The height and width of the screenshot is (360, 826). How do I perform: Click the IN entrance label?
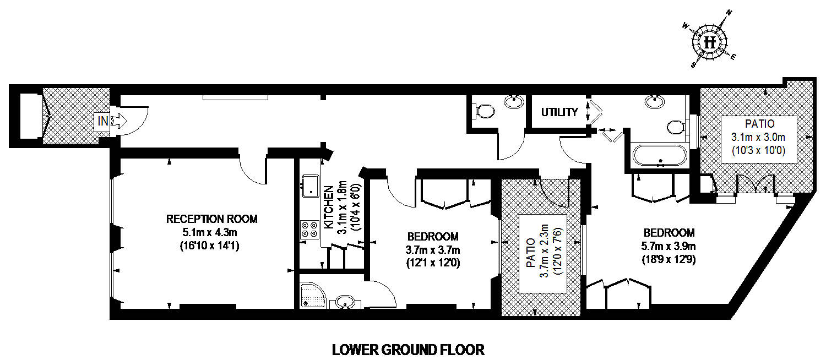tap(103, 121)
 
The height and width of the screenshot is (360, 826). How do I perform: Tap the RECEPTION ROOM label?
tap(211, 219)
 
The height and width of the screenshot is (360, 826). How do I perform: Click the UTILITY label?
tap(559, 112)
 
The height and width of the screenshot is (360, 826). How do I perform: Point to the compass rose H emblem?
tap(709, 42)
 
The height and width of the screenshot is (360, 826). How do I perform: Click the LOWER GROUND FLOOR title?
tap(408, 350)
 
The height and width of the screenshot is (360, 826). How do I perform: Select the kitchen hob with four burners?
tap(309, 230)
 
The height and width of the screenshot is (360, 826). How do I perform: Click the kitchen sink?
tap(311, 186)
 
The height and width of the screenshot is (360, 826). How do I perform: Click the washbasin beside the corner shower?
tap(345, 302)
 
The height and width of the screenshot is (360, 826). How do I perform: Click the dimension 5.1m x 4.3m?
tap(209, 232)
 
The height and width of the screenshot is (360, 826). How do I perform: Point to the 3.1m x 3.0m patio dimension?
tap(758, 137)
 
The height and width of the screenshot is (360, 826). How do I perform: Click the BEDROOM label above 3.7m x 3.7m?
tap(433, 236)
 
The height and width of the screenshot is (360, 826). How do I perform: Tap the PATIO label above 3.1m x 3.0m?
tap(759, 123)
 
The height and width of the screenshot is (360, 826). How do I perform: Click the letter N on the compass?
tap(729, 13)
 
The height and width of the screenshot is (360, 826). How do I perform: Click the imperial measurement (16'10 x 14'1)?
tap(209, 246)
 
